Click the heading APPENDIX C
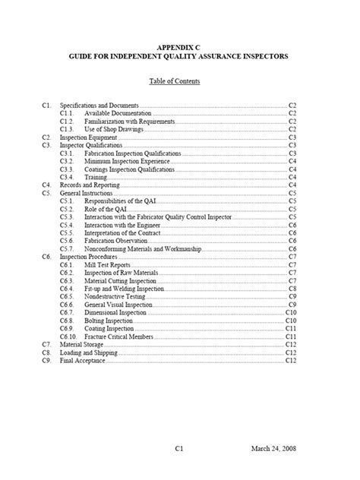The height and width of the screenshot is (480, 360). tap(179, 47)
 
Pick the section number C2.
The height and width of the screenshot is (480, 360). tap(46, 137)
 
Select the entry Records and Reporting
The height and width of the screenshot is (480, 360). tap(87, 185)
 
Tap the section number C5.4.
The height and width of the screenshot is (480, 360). tap(67, 225)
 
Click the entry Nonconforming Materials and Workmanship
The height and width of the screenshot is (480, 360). tap(137, 248)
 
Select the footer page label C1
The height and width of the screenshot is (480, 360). tap(179, 449)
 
